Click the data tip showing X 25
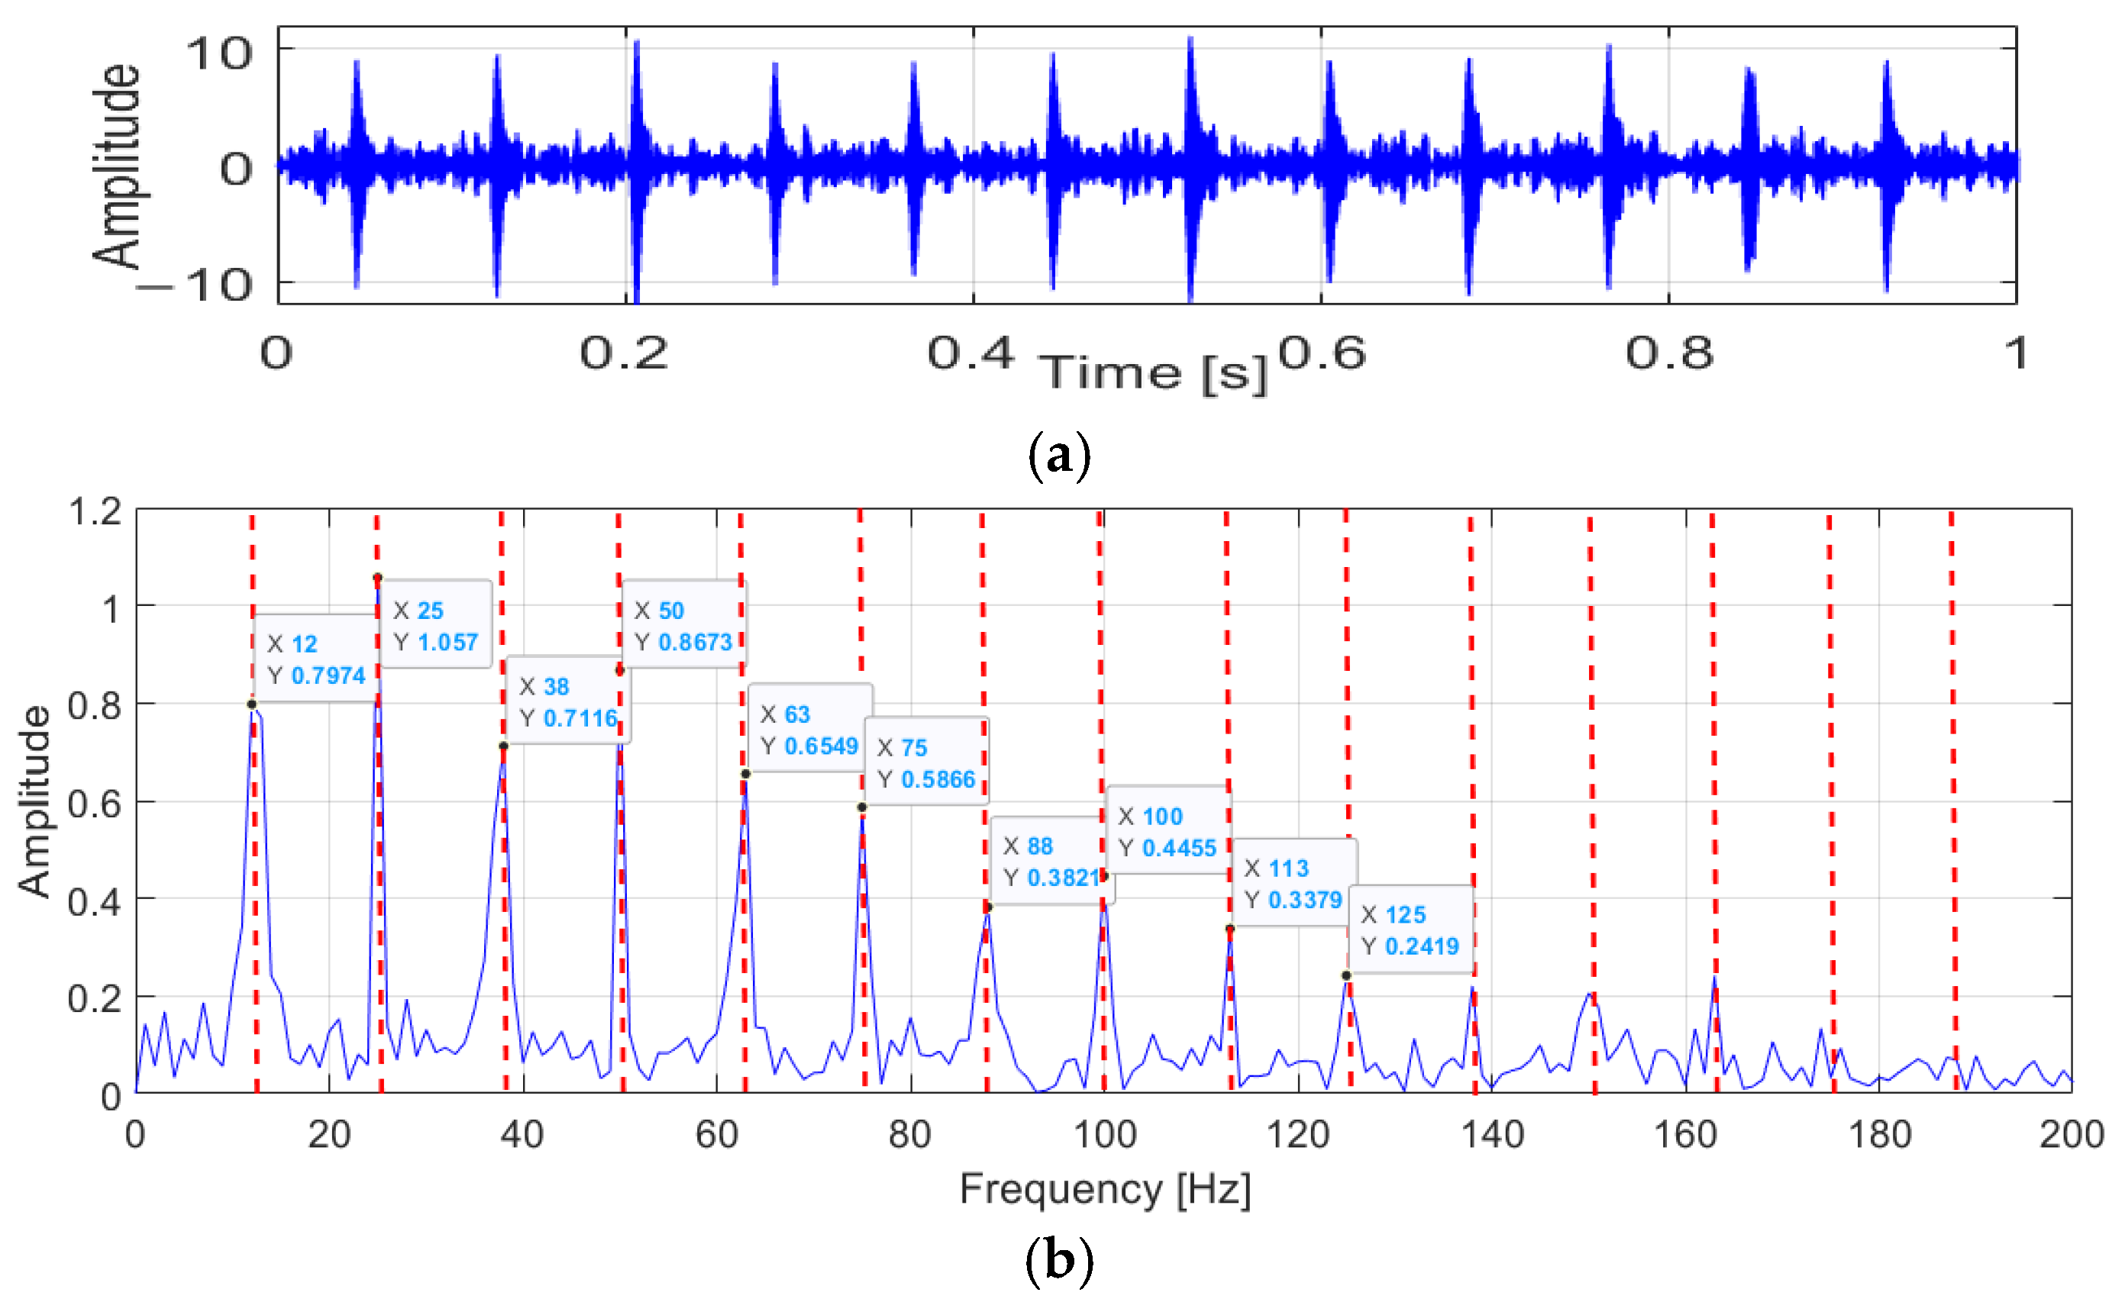(x=434, y=625)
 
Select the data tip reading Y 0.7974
(x=317, y=659)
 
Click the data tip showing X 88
(x=1051, y=861)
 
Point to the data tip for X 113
(x=1293, y=883)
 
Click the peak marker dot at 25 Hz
(x=377, y=578)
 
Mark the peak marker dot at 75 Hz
(x=861, y=807)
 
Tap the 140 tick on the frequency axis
(x=1491, y=1135)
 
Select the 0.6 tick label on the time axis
(x=1322, y=353)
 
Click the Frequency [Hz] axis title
(x=1105, y=1189)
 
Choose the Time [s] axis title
(x=1154, y=373)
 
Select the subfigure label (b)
(x=1060, y=1261)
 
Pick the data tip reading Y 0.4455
(x=1167, y=831)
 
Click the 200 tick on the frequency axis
(x=2070, y=1135)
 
